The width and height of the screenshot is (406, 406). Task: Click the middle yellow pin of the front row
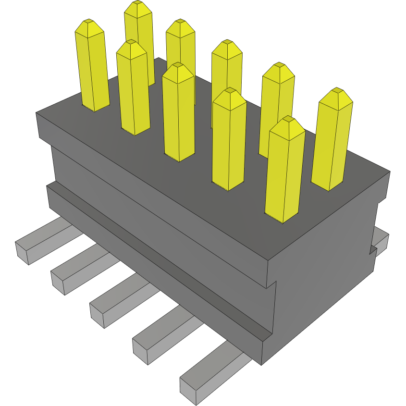[179, 113]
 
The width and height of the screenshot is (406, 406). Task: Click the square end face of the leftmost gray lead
[22, 253]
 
